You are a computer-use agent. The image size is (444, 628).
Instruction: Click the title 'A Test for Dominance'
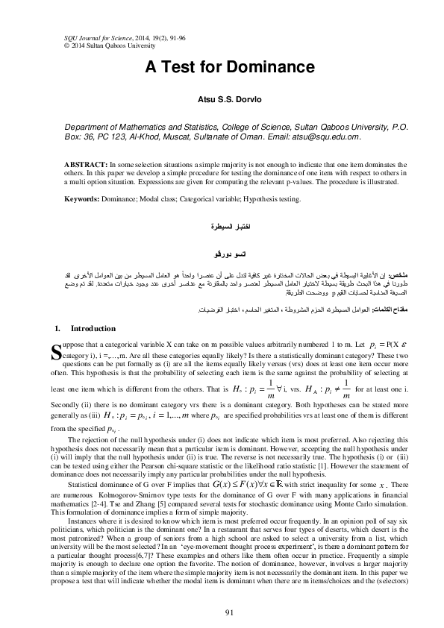click(222, 66)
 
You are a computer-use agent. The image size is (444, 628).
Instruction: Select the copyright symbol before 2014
click(49, 44)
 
